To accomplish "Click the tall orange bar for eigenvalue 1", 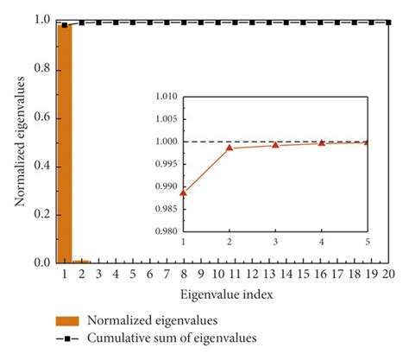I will pyautogui.click(x=64, y=142).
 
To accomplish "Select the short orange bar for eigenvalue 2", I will pyautogui.click(x=81, y=261).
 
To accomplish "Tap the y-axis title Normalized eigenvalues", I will pyautogui.click(x=18, y=142).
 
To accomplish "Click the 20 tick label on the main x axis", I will pyautogui.click(x=388, y=275).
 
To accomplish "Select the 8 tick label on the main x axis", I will pyautogui.click(x=183, y=275).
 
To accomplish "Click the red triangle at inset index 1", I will pyautogui.click(x=184, y=193).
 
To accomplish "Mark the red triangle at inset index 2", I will pyautogui.click(x=230, y=148).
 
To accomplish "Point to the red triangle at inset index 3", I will pyautogui.click(x=275, y=145).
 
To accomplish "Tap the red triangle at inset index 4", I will pyautogui.click(x=321, y=143).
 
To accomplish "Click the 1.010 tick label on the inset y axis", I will pyautogui.click(x=167, y=97).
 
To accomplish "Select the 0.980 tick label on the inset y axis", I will pyautogui.click(x=167, y=231).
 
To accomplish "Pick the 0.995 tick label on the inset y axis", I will pyautogui.click(x=167, y=164).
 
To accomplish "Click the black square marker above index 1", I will pyautogui.click(x=64, y=25).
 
